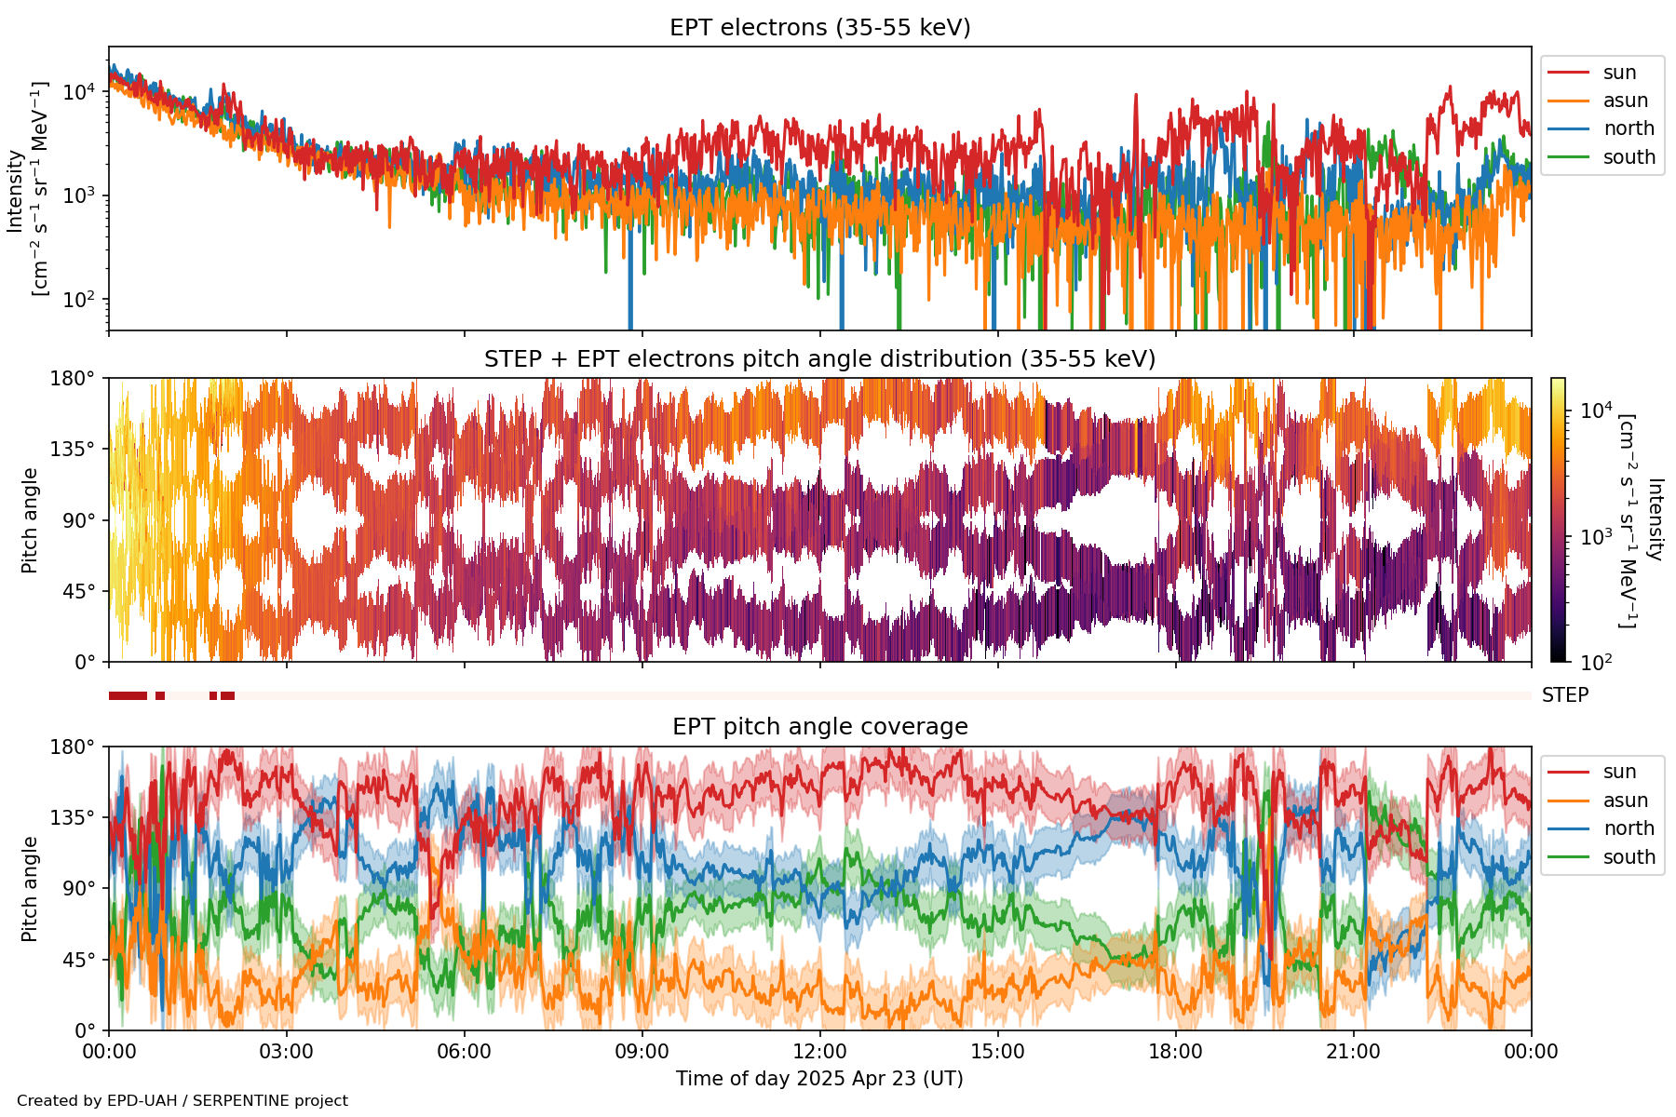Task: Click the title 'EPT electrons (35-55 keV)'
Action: click(819, 28)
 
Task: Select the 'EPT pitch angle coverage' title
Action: click(819, 727)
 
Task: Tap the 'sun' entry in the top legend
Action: click(1619, 73)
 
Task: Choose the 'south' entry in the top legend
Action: click(1629, 157)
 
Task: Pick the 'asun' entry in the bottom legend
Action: click(1625, 801)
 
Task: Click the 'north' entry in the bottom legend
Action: click(1629, 828)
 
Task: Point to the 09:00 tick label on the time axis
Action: click(642, 1052)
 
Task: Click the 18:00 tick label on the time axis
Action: click(1175, 1052)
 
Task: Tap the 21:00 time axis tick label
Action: click(1353, 1052)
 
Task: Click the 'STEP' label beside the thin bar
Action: click(1565, 695)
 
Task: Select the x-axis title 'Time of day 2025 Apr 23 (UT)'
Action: click(819, 1079)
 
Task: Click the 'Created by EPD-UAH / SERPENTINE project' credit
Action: click(182, 1101)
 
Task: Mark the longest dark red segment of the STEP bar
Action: click(128, 695)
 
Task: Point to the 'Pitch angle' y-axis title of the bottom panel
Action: click(30, 889)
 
